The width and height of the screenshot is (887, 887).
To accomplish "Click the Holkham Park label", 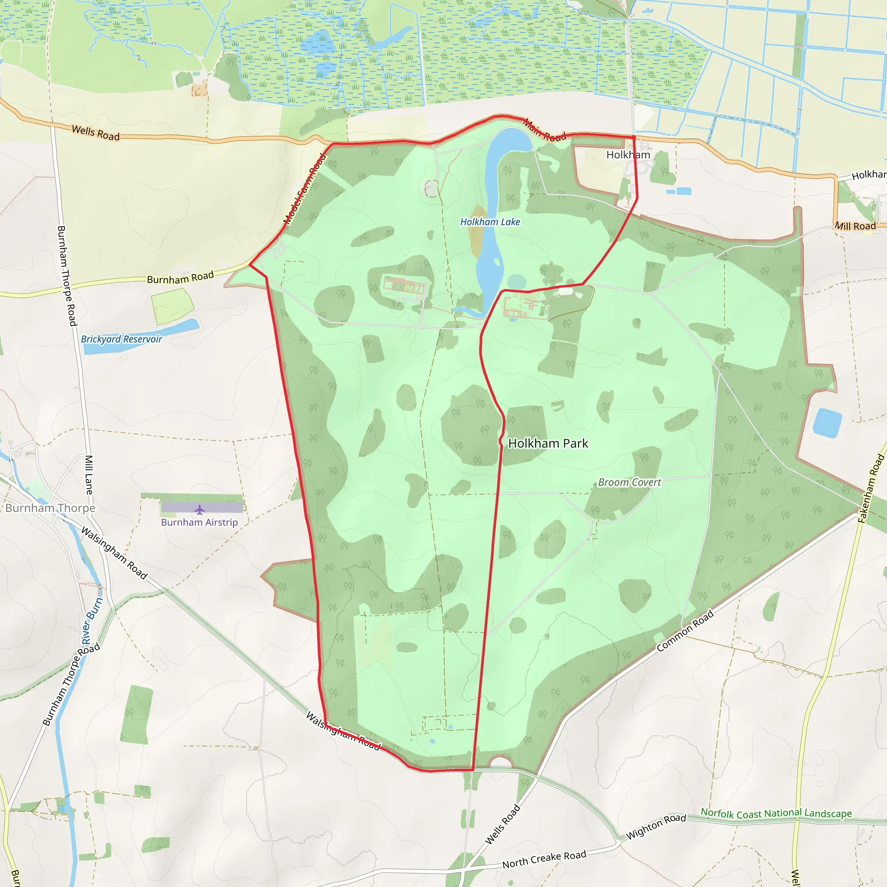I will [548, 443].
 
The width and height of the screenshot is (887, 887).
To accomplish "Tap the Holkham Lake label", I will [490, 222].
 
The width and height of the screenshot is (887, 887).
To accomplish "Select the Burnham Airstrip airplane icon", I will [199, 510].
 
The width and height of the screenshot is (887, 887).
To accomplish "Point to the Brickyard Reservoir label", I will [121, 339].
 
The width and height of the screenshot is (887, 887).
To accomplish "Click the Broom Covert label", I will [629, 482].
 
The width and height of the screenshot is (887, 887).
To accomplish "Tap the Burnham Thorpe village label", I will [51, 508].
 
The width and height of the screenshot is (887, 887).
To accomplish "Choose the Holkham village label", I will [628, 155].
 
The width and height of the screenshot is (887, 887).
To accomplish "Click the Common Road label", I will [685, 631].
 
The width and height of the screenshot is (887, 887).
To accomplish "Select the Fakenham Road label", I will [871, 489].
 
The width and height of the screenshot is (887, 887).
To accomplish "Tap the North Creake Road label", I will [544, 859].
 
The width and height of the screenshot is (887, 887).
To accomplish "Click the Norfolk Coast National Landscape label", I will [776, 813].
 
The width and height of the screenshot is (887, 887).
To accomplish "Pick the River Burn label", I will [92, 621].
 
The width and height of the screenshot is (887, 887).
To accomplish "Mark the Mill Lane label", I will [89, 475].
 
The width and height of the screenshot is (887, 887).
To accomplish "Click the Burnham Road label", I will [181, 278].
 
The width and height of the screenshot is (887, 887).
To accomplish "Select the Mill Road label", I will [855, 226].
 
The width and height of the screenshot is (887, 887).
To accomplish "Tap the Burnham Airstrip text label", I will [199, 522].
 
